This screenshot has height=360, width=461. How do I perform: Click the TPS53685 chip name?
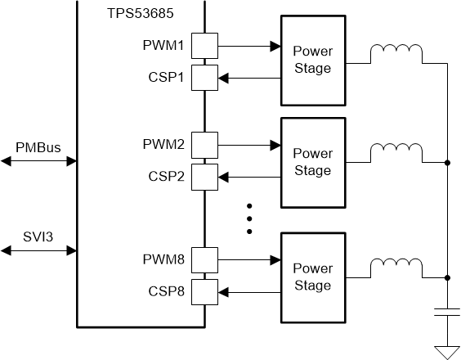point(141,15)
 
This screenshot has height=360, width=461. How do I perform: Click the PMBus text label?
point(38,147)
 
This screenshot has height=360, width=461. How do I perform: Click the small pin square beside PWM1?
point(204,46)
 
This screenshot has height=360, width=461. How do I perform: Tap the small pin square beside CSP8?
point(204,291)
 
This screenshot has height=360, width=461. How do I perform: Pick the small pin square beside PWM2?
point(204,146)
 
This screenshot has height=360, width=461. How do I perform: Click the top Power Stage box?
point(312,60)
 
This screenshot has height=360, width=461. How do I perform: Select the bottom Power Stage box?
point(312,277)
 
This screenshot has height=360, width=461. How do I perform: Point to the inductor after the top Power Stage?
point(396,54)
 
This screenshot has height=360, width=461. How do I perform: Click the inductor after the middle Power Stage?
point(396,154)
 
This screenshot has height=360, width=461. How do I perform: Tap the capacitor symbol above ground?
point(447,313)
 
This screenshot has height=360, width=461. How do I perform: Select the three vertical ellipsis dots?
point(251,219)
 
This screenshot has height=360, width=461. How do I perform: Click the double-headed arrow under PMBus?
point(38,162)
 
